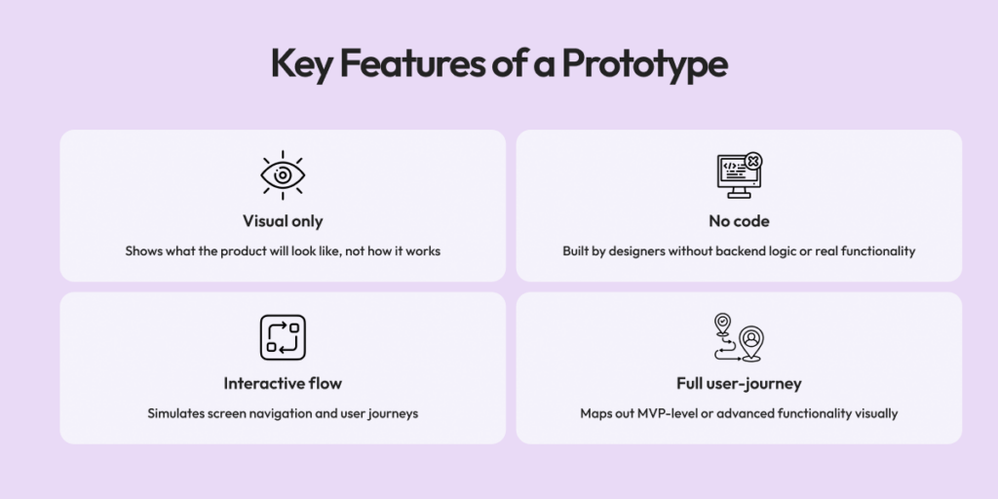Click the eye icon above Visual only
tap(283, 175)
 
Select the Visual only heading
tap(283, 221)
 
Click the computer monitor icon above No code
tap(736, 175)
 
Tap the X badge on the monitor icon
tap(753, 161)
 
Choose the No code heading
tap(739, 221)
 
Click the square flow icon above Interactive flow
tap(283, 337)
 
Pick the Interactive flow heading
tap(283, 383)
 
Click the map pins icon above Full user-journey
tap(738, 337)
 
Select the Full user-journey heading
tap(739, 383)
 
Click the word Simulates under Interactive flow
tap(175, 413)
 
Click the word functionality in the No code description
tap(874, 251)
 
